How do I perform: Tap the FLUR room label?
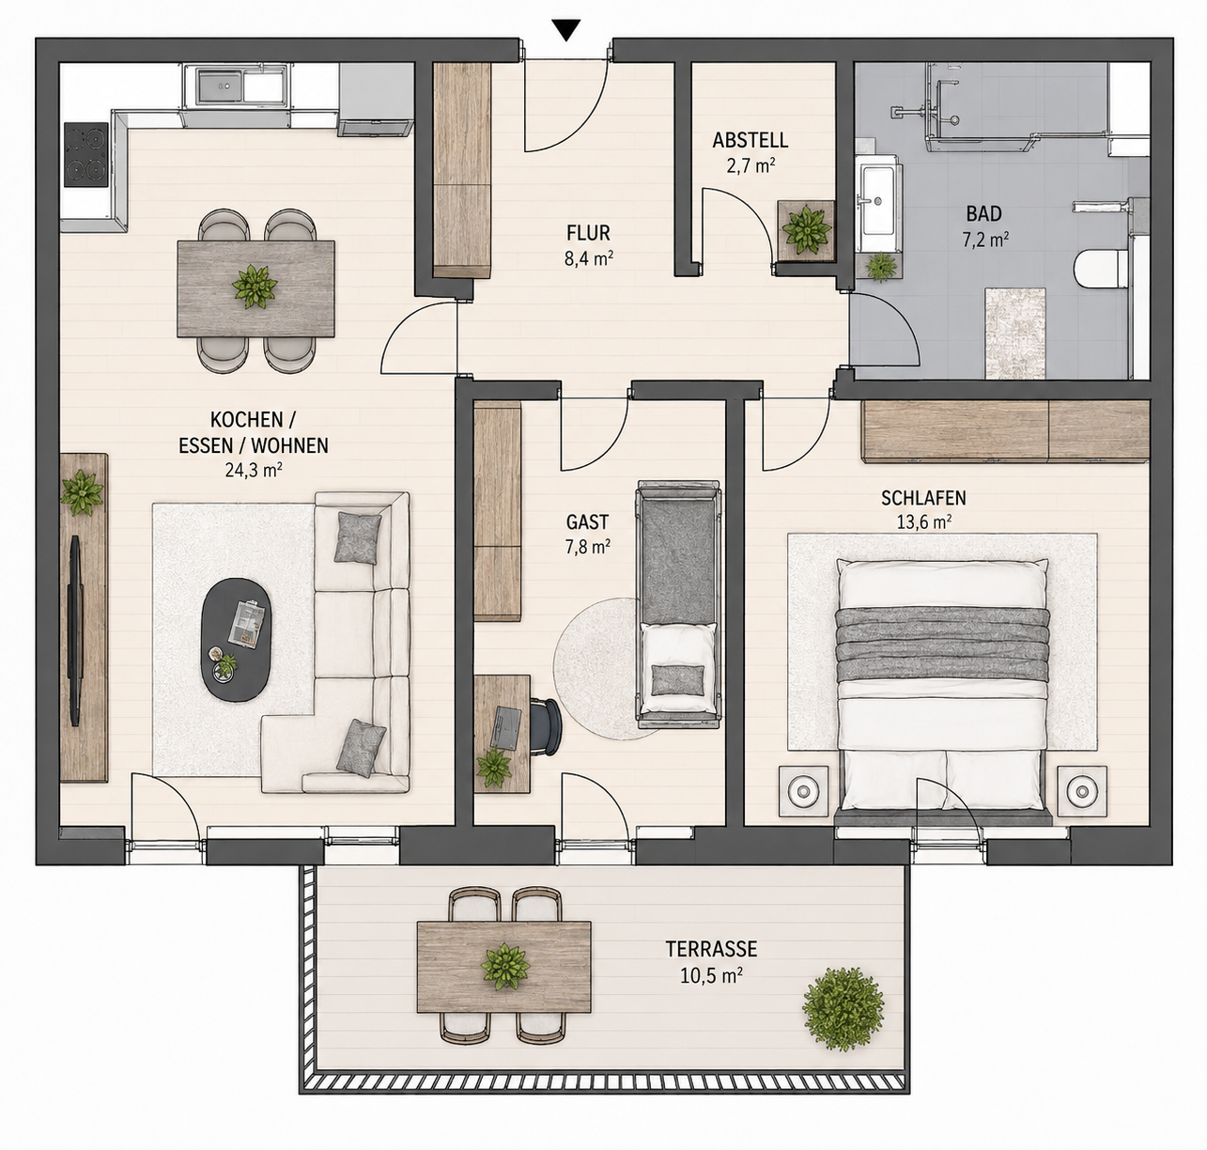(588, 233)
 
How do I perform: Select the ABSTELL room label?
(751, 140)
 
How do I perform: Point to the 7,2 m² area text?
(984, 240)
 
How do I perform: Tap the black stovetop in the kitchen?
(86, 154)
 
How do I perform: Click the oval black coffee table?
(237, 640)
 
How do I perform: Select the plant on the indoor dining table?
(255, 287)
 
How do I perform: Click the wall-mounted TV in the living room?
(75, 630)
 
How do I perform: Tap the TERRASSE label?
(712, 949)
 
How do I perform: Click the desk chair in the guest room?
(545, 727)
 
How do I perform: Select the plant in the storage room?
(806, 229)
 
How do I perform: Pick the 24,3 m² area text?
(253, 471)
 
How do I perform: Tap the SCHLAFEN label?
(923, 498)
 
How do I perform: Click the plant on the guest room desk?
(494, 767)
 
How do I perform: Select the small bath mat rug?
(1014, 333)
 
